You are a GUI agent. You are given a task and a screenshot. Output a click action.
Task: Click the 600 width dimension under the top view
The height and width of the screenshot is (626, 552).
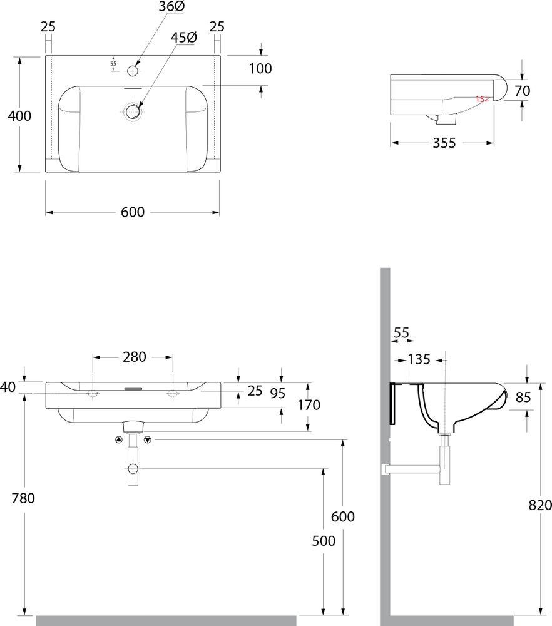[x=133, y=212]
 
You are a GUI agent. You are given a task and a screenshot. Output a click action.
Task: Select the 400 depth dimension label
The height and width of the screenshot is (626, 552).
[x=19, y=116]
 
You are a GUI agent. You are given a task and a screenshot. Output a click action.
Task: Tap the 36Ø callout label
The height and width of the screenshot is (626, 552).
[x=171, y=7]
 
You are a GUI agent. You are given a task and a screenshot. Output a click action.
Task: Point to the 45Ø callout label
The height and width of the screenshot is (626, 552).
[x=183, y=38]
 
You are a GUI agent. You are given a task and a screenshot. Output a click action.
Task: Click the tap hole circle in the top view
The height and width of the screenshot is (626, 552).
[x=133, y=71]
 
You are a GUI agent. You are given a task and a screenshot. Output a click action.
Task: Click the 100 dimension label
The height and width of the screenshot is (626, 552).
[x=260, y=69]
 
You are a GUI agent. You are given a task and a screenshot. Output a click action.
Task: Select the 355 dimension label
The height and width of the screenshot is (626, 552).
[x=444, y=143]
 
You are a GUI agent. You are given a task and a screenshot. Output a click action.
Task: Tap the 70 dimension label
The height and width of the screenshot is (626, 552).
[x=523, y=91]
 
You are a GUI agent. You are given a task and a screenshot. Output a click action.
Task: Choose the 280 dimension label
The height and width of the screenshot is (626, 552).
[x=135, y=357]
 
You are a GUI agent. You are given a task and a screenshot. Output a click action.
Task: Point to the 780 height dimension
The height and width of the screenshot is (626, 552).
[x=23, y=498]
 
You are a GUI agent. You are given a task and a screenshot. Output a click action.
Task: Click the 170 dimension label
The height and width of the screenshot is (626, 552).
[x=309, y=405]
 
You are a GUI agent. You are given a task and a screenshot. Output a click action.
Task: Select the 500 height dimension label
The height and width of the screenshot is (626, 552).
[x=324, y=541]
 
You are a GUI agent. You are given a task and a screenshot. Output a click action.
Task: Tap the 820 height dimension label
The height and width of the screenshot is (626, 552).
[x=540, y=505]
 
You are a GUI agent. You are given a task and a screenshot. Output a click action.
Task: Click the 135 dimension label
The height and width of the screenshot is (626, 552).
[x=419, y=360]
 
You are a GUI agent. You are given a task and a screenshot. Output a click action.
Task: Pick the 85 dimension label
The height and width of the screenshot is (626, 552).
[x=523, y=398]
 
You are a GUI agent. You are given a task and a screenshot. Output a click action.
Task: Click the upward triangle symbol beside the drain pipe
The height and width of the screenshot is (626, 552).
[x=118, y=440]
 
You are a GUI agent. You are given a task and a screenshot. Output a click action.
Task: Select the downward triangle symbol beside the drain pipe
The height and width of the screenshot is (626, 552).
[x=148, y=440]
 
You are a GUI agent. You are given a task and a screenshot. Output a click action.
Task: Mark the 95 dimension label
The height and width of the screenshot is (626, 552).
[x=278, y=394]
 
